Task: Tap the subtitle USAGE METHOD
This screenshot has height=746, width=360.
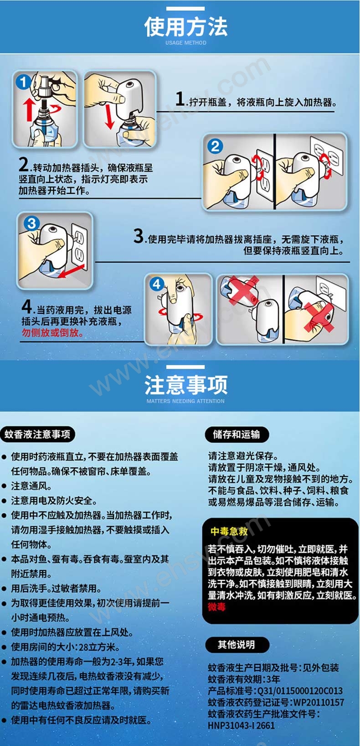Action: pyautogui.click(x=185, y=43)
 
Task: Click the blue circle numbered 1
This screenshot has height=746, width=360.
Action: pyautogui.click(x=23, y=82)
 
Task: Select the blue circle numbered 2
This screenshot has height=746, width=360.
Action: pyautogui.click(x=215, y=146)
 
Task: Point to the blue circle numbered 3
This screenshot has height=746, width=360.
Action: pyautogui.click(x=32, y=223)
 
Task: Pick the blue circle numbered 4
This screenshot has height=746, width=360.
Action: pyautogui.click(x=156, y=284)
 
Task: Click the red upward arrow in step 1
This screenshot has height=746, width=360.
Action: pyautogui.click(x=29, y=109)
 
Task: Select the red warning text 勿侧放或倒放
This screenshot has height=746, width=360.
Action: pyautogui.click(x=52, y=332)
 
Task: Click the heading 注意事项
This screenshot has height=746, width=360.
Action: pyautogui.click(x=185, y=385)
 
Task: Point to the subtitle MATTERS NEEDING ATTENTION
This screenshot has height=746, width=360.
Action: pyautogui.click(x=185, y=401)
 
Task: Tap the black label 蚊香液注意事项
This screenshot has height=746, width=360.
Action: pyautogui.click(x=37, y=434)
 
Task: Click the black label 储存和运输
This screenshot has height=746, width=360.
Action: pyautogui.click(x=237, y=434)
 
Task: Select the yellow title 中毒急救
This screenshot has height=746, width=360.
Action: pyautogui.click(x=229, y=531)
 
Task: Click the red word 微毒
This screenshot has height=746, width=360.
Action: pyautogui.click(x=216, y=607)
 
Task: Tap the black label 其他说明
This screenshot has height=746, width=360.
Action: pyautogui.click(x=237, y=645)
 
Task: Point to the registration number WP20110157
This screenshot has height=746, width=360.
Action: pyautogui.click(x=319, y=702)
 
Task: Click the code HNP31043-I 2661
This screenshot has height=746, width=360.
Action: pyautogui.click(x=242, y=725)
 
